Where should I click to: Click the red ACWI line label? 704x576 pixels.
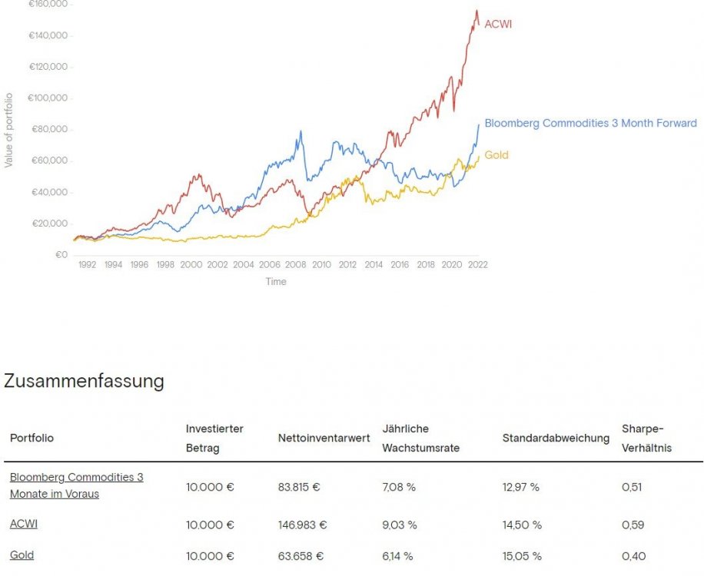497,24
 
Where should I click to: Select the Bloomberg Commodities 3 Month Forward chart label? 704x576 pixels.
590,123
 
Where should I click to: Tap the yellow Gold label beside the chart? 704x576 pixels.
496,155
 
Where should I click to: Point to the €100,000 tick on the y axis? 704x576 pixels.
48,98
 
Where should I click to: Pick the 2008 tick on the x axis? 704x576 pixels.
295,265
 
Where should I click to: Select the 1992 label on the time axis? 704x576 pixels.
86,265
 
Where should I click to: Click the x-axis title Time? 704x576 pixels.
276,282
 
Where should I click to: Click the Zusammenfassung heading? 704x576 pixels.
84,381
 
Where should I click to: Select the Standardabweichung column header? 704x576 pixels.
556,438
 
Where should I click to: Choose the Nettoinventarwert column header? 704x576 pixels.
324,438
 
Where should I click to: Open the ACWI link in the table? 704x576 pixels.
24,524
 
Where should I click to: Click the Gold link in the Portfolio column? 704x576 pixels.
22,554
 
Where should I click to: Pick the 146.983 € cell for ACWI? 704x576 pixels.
302,525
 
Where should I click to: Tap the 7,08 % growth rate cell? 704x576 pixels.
400,486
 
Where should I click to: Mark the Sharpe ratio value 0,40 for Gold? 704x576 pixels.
633,556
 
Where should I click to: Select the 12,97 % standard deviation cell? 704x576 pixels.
521,486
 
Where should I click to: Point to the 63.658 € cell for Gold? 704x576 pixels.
299,556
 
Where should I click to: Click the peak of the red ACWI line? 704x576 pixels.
477,11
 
